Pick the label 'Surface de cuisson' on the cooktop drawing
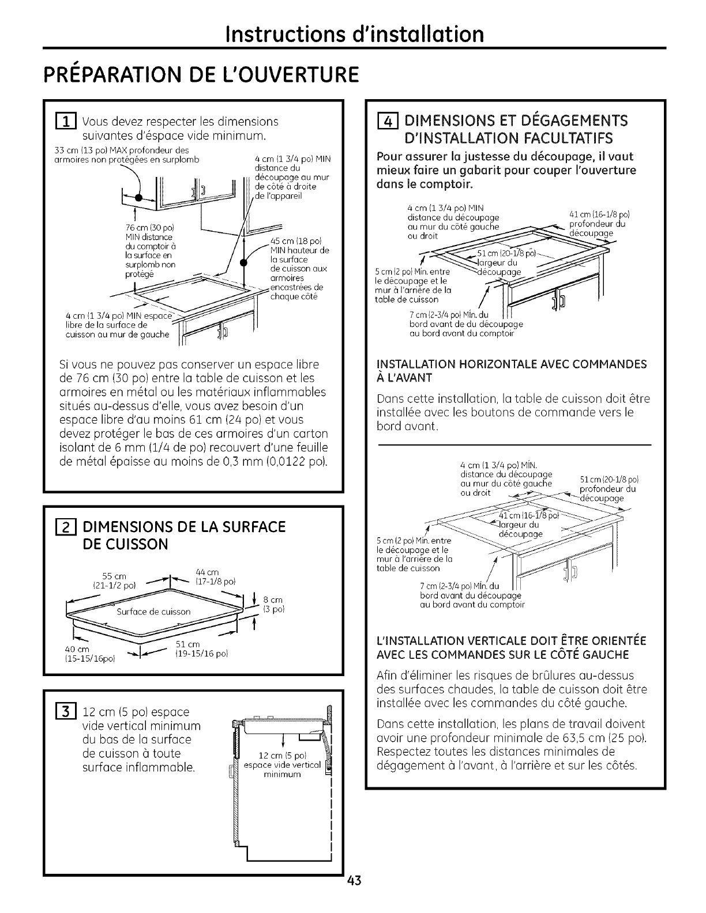(x=153, y=612)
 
